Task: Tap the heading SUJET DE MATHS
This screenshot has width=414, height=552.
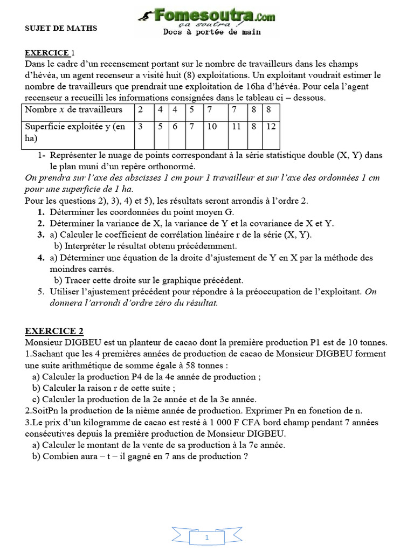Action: (x=61, y=27)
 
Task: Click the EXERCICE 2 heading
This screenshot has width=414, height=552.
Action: (x=54, y=331)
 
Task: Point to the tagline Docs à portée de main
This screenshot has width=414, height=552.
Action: (x=212, y=32)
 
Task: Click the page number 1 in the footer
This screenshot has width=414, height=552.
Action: (x=206, y=523)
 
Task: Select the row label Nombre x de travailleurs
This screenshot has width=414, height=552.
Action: (x=73, y=110)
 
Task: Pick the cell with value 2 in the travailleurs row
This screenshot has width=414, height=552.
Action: (x=141, y=110)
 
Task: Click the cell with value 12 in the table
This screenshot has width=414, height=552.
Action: (x=271, y=127)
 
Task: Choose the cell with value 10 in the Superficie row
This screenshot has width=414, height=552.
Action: (x=212, y=127)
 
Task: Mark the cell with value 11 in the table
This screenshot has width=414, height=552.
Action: (x=236, y=127)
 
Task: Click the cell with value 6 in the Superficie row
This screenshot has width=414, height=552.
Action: (x=175, y=127)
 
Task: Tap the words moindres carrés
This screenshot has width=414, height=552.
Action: (x=82, y=269)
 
